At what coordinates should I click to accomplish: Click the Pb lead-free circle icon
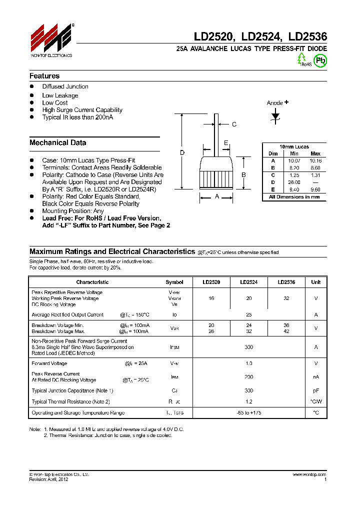click(x=320, y=60)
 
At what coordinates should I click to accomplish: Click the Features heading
click(x=44, y=76)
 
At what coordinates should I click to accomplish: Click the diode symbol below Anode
click(x=275, y=116)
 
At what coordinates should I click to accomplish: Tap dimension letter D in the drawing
click(x=182, y=152)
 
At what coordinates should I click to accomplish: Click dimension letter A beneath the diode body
click(x=217, y=197)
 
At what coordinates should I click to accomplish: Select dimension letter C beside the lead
click(x=234, y=124)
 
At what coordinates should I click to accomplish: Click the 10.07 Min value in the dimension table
click(x=294, y=161)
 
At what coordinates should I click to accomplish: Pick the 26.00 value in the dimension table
click(x=294, y=182)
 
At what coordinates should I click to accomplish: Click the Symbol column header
click(x=174, y=282)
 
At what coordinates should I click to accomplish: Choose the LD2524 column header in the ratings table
click(x=248, y=282)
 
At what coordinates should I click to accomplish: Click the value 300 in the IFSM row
click(x=248, y=347)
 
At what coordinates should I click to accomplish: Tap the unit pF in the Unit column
click(x=315, y=390)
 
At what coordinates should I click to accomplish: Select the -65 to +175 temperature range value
click(x=248, y=413)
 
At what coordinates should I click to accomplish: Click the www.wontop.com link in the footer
click(x=309, y=474)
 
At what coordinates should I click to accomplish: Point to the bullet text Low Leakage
click(x=60, y=95)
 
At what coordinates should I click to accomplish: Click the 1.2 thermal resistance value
click(x=248, y=401)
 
